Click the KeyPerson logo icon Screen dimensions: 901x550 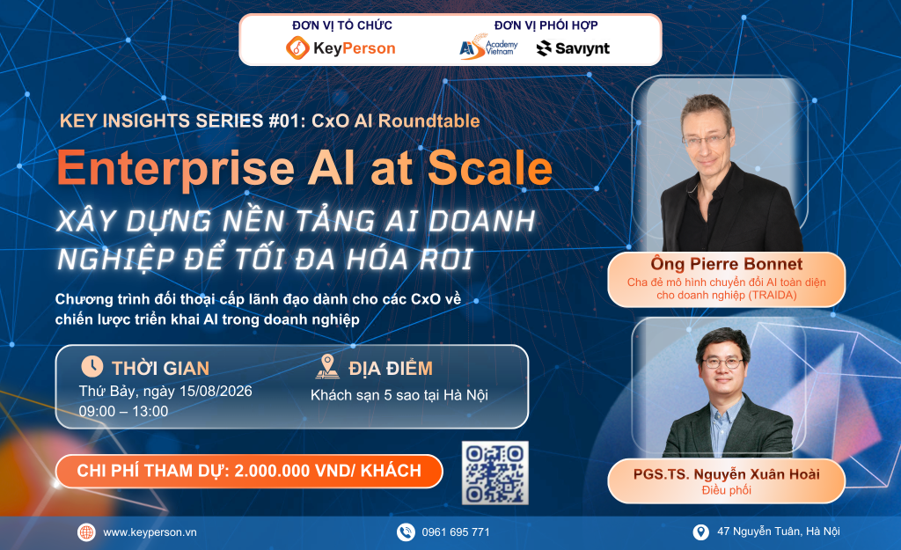tap(297, 48)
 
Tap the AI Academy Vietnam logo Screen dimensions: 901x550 tap(488, 48)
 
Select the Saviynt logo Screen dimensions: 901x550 tap(573, 48)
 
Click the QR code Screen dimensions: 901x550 tap(495, 473)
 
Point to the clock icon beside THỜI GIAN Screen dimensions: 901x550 tap(92, 366)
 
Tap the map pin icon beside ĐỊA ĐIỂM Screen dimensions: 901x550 tap(327, 367)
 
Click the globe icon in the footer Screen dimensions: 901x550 tap(86, 532)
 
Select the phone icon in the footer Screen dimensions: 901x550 tap(406, 532)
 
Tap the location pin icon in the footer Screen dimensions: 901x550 tap(700, 532)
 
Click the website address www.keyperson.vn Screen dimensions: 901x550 tap(150, 532)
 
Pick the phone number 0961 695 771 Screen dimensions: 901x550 tap(456, 532)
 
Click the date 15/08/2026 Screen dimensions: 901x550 tap(216, 391)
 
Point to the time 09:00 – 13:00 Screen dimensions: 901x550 tap(123, 412)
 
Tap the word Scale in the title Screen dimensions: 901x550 tap(489, 168)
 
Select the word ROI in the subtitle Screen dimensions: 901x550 tap(446, 260)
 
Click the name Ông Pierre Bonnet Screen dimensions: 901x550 tap(726, 264)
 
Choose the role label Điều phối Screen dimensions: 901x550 tap(726, 490)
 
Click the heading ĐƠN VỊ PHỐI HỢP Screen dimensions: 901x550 tap(546, 26)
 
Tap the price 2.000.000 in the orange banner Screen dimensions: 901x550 tap(273, 471)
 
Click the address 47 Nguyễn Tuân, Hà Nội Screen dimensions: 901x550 tap(779, 532)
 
